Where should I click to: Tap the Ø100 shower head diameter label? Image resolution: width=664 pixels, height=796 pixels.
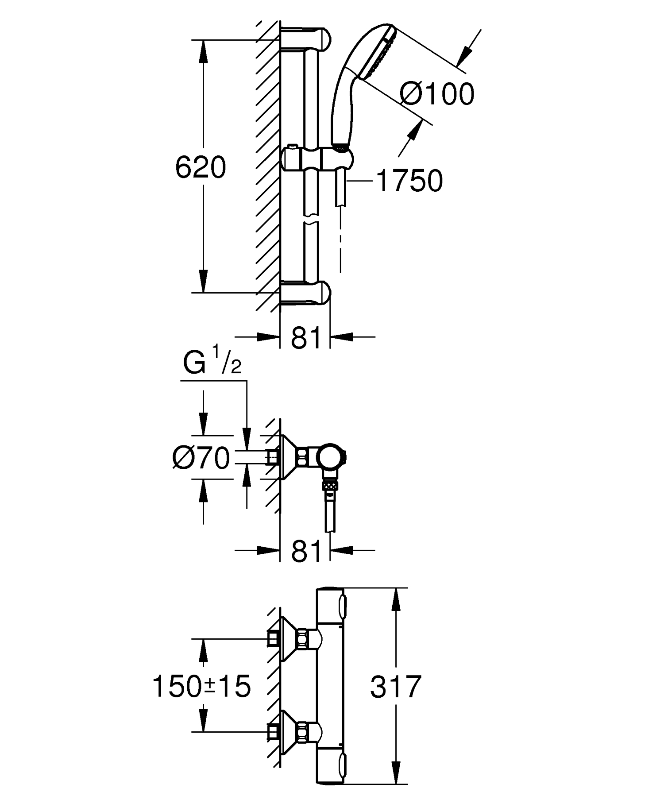click(436, 94)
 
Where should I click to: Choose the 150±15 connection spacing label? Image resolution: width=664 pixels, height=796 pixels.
click(201, 687)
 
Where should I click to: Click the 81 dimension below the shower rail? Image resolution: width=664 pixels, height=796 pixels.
click(306, 338)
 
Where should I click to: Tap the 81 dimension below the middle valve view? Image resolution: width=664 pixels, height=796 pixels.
click(306, 551)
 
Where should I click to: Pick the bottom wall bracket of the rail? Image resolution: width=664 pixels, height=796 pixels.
click(305, 292)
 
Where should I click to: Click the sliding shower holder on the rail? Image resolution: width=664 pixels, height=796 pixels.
click(317, 159)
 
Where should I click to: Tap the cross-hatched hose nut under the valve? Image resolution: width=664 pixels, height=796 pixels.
click(329, 485)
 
